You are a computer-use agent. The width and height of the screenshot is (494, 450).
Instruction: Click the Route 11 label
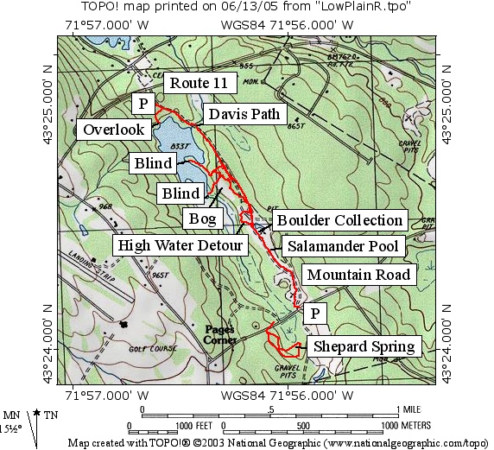click(199, 84)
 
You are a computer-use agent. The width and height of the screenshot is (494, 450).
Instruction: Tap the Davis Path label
click(237, 114)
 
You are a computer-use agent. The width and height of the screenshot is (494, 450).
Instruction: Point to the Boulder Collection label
click(339, 220)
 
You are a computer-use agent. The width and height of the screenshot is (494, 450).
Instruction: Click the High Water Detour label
click(181, 247)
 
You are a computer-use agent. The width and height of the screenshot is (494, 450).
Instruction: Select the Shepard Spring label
click(364, 347)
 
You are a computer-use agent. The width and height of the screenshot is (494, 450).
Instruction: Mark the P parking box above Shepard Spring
click(316, 313)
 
